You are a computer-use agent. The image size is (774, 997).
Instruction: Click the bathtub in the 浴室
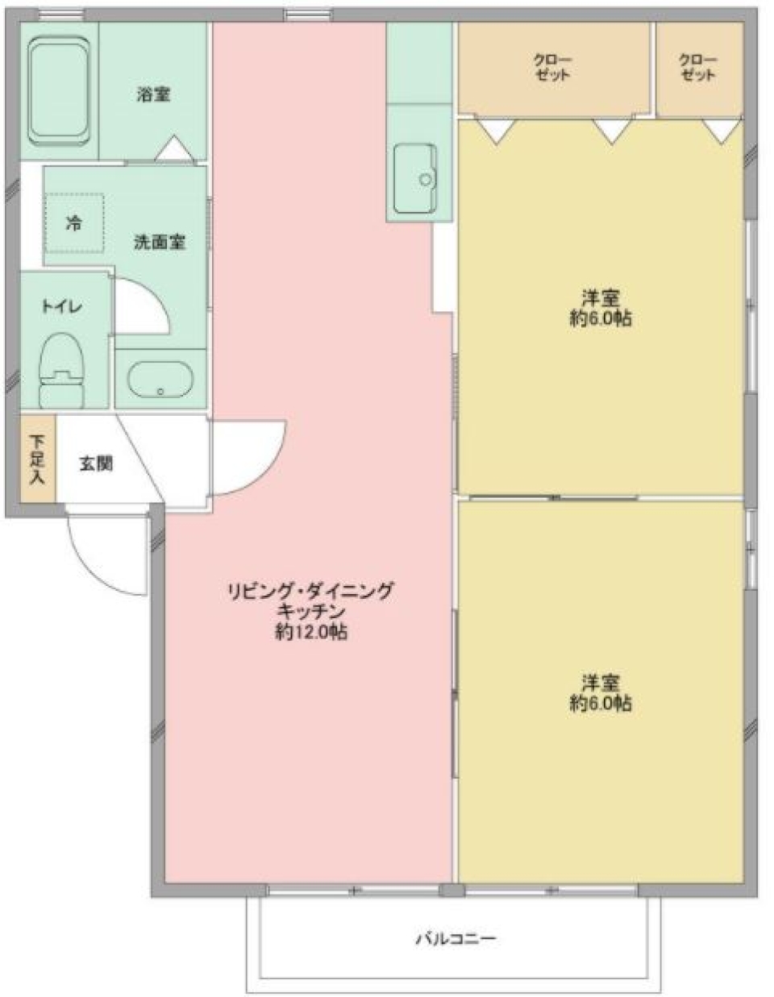point(58,91)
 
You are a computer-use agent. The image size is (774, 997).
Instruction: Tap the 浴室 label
point(152,94)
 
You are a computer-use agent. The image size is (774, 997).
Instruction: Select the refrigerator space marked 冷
point(73,223)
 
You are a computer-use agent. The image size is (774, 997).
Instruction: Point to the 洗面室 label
point(160,241)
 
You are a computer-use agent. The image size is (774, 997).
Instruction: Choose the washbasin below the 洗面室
point(160,380)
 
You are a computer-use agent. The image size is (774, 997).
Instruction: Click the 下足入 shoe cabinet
point(38,459)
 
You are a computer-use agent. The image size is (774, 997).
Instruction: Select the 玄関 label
point(95,463)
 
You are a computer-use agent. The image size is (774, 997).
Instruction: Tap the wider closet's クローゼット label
point(552,68)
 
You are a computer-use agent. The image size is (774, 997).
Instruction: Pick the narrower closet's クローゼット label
point(697,68)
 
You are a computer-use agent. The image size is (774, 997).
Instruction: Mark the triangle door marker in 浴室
point(173,149)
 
